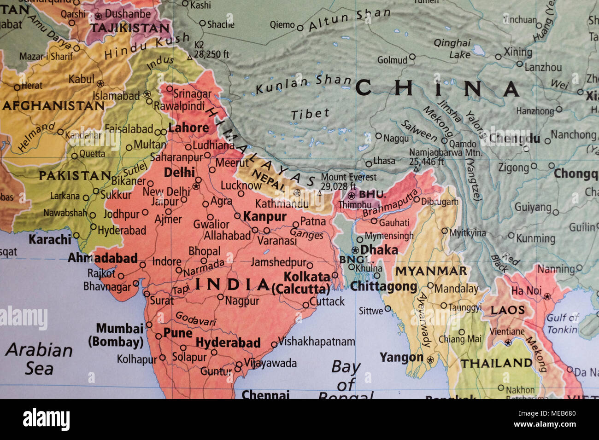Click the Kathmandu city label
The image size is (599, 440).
click(282, 203)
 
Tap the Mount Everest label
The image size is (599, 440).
click(348, 177)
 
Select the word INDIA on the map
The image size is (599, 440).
click(232, 284)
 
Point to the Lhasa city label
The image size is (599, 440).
click(384, 161)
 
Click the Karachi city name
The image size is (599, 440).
click(50, 239)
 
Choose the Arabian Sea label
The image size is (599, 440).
click(39, 359)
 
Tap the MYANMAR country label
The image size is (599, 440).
click(431, 271)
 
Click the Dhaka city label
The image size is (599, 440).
click(379, 250)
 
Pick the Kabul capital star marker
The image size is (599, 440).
click(100, 84)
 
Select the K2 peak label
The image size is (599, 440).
click(199, 45)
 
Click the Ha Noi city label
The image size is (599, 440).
click(526, 291)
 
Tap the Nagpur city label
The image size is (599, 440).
click(242, 301)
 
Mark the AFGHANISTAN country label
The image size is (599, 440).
click(53, 106)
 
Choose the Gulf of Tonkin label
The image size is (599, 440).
click(563, 323)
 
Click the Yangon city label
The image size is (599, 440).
click(401, 357)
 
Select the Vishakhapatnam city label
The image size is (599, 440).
click(317, 342)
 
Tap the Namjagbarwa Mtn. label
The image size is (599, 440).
click(446, 152)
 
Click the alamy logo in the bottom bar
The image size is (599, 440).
click(46, 419)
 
